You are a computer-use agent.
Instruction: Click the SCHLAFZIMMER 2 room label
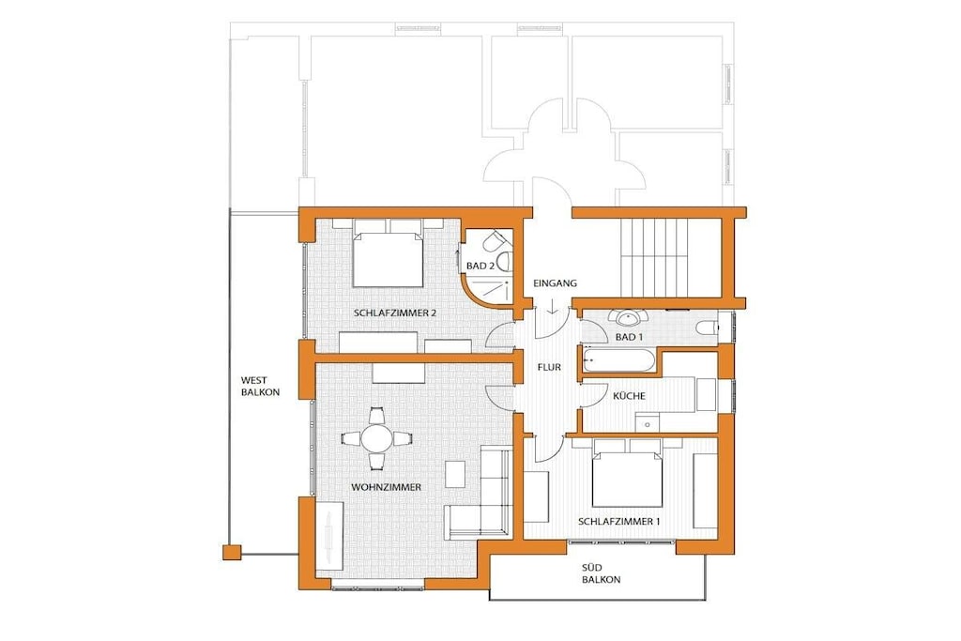pyautogui.click(x=395, y=313)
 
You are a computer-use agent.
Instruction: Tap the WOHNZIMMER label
pyautogui.click(x=386, y=487)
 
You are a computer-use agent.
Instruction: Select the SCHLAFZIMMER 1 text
pyautogui.click(x=619, y=522)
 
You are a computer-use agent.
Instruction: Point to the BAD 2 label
pyautogui.click(x=480, y=266)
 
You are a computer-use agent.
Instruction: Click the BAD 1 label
pyautogui.click(x=630, y=337)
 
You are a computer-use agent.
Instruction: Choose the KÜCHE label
pyautogui.click(x=630, y=396)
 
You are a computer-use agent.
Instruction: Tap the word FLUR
pyautogui.click(x=549, y=368)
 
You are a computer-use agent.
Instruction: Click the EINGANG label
pyautogui.click(x=555, y=283)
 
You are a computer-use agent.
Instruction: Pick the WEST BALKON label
pyautogui.click(x=260, y=386)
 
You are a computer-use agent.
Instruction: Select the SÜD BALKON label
pyautogui.click(x=601, y=573)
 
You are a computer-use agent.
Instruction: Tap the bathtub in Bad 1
pyautogui.click(x=618, y=360)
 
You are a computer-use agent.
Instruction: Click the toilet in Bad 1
pyautogui.click(x=707, y=327)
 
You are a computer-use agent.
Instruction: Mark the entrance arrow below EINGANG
pyautogui.click(x=552, y=306)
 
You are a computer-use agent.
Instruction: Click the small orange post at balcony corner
pyautogui.click(x=232, y=553)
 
